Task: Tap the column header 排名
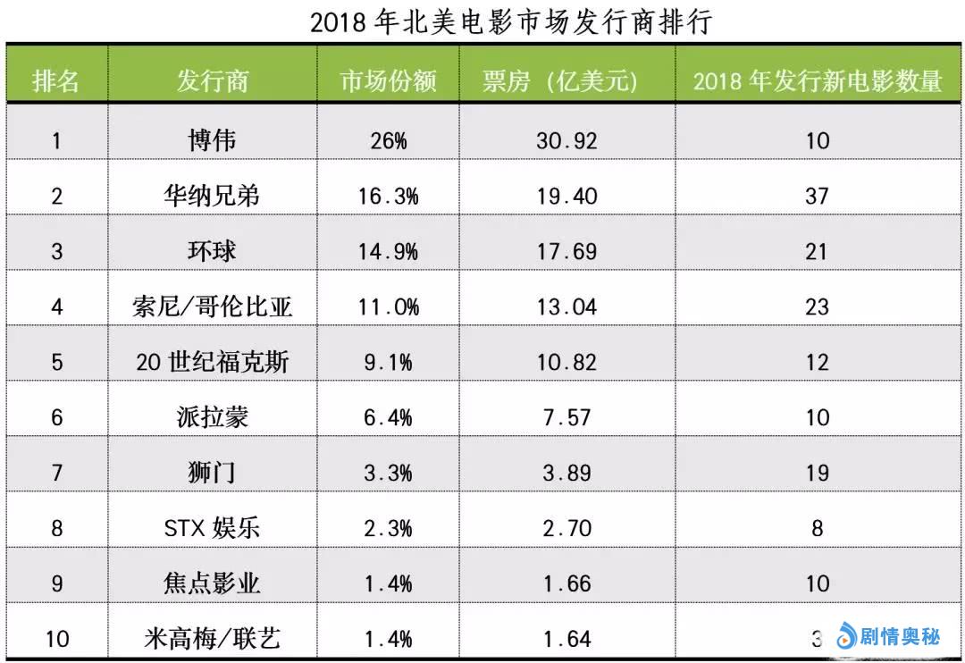point(56,81)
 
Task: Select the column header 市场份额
point(388,81)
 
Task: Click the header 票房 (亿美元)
point(566,81)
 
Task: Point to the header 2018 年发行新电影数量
point(818,81)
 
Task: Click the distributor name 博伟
point(212,140)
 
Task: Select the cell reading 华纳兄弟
point(212,196)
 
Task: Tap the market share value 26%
point(388,141)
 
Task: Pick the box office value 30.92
point(566,141)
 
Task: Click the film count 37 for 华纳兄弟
point(817,196)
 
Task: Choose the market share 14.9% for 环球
point(388,251)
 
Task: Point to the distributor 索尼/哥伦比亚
point(212,306)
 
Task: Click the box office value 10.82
point(566,362)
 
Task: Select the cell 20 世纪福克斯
point(212,362)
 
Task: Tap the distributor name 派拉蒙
point(212,417)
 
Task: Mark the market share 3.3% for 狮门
point(388,473)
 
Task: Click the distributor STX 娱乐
point(212,528)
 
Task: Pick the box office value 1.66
point(566,583)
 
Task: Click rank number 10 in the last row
point(56,639)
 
